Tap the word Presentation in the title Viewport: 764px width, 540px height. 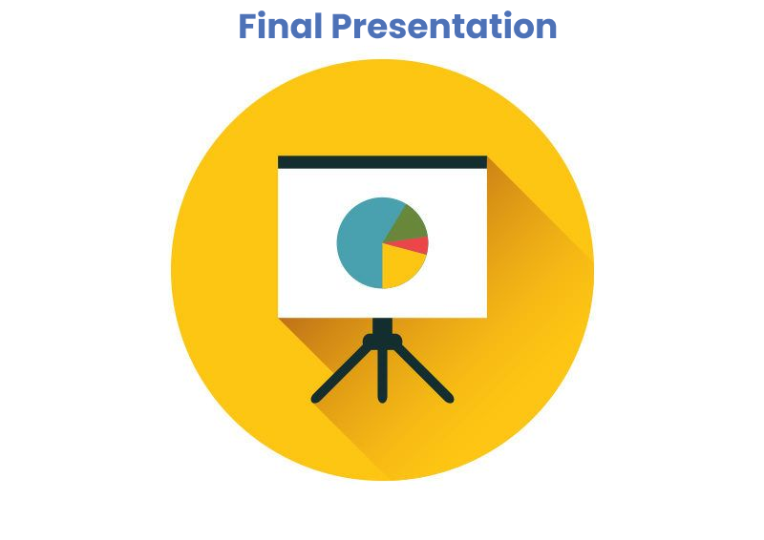(x=444, y=26)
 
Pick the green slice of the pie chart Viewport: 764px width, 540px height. (x=409, y=223)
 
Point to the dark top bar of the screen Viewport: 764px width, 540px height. (x=383, y=162)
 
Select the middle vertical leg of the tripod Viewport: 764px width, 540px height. (x=383, y=375)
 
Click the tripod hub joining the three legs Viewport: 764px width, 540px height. (x=383, y=341)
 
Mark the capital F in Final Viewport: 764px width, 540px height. (x=246, y=27)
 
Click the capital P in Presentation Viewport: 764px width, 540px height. (x=342, y=27)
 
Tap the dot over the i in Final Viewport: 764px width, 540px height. (x=262, y=13)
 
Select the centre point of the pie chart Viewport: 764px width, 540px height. (x=383, y=243)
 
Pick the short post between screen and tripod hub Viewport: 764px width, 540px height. (x=383, y=325)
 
